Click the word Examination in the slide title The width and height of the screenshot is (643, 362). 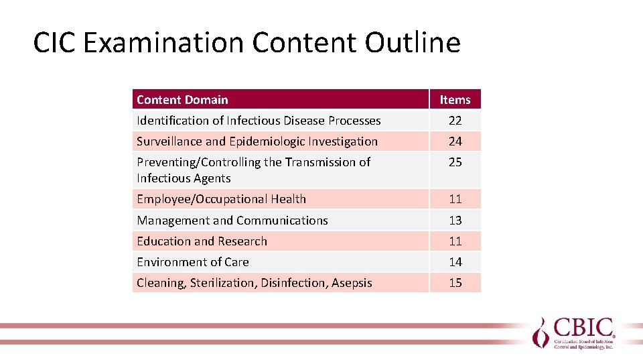coord(165,43)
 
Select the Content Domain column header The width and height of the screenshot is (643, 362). coord(182,100)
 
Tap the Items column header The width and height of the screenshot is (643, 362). coord(455,100)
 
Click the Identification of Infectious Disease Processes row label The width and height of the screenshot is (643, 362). coord(259,121)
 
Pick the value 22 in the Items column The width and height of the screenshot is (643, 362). coord(455,121)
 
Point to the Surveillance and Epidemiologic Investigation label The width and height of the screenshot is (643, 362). coord(257,141)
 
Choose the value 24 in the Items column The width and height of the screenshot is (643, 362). coord(455,141)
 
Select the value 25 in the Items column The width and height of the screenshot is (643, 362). coord(455,162)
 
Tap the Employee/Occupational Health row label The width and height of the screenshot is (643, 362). coord(221,199)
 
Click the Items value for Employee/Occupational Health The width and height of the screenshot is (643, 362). coord(455,199)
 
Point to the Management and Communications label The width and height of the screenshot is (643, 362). coord(232,221)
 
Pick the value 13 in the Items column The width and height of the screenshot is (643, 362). coord(455,221)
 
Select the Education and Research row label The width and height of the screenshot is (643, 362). coord(202,241)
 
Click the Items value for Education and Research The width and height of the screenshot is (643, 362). coord(455,241)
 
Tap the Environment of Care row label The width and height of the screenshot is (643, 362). coord(193,262)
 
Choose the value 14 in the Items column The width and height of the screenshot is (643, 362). coord(455,262)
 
